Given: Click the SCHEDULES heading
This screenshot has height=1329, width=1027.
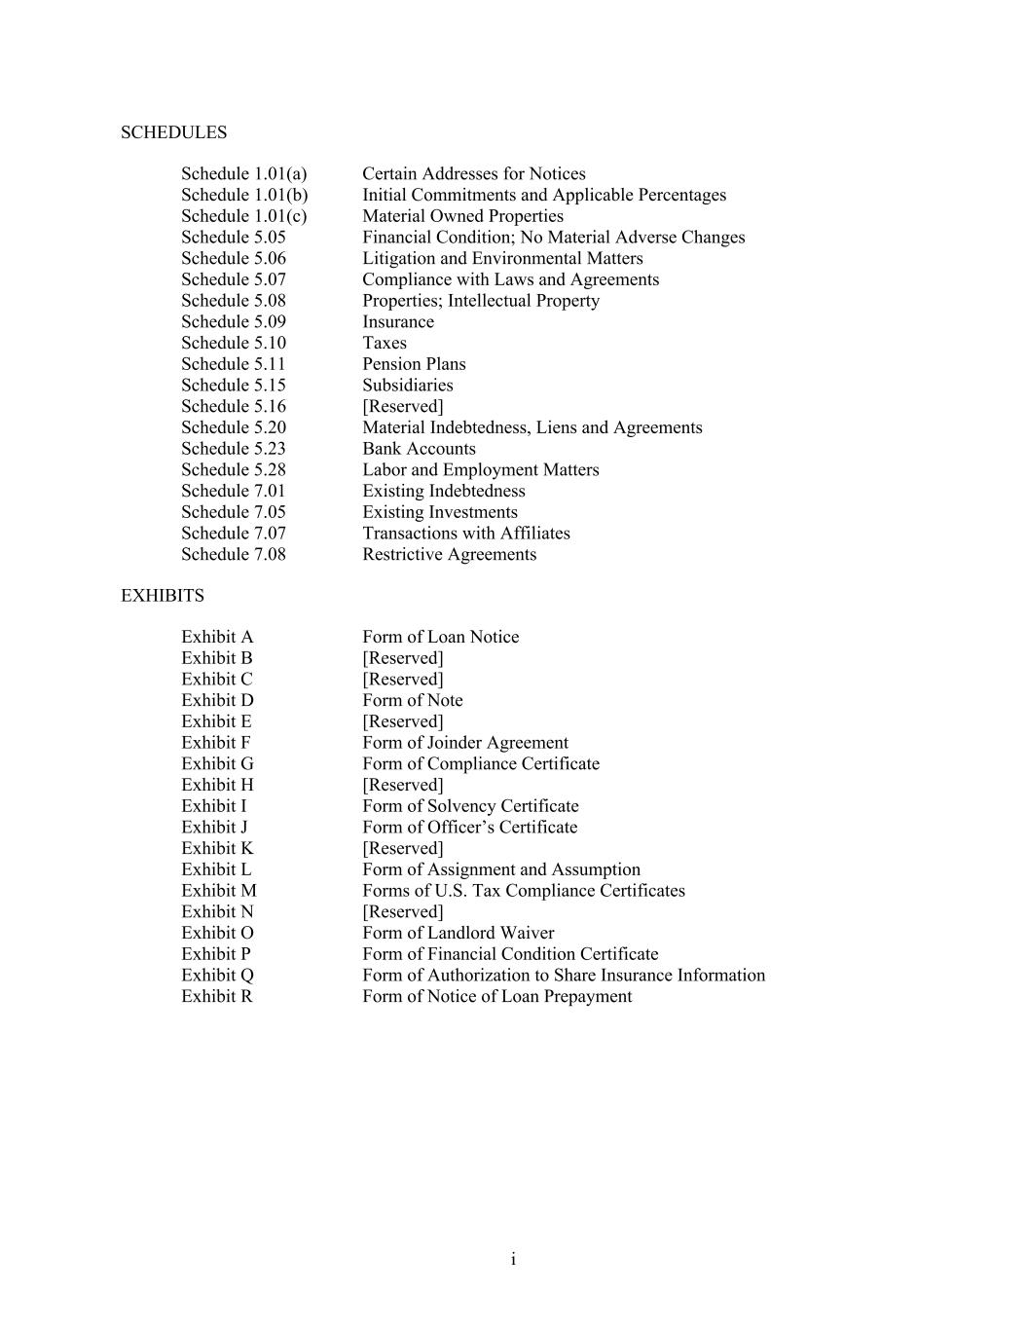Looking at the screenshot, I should (x=173, y=132).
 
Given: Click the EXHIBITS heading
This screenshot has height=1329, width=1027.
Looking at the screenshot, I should (x=162, y=596).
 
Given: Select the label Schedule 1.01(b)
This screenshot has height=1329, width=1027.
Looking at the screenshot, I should (x=244, y=195).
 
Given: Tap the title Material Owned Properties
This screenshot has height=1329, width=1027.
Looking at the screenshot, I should (x=462, y=216).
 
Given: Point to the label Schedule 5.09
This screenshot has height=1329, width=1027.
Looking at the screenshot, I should (x=234, y=321).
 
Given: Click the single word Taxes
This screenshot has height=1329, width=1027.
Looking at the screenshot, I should (x=385, y=343).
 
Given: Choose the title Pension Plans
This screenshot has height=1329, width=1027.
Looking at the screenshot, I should (x=414, y=364).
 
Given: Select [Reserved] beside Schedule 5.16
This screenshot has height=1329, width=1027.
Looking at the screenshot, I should (x=402, y=406).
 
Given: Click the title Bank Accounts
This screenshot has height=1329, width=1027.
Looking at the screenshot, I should (x=419, y=449).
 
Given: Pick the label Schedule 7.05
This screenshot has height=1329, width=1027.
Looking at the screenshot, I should (x=234, y=512).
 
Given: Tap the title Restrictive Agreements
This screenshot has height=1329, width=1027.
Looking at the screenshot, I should (x=449, y=554).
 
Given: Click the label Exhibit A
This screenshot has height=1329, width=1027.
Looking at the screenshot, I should (x=217, y=637).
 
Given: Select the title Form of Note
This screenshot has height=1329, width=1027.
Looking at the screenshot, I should (x=413, y=700).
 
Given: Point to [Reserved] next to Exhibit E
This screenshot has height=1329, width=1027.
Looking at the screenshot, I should (x=402, y=721).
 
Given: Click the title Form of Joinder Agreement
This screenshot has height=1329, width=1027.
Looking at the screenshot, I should (x=465, y=743).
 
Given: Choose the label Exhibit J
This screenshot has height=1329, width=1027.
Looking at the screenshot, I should (x=214, y=828).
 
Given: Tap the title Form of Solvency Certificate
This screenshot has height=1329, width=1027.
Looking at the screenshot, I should (x=470, y=806).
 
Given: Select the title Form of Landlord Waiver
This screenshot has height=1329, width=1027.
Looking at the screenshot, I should (x=458, y=933).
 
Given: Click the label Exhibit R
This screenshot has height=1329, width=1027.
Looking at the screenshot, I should (x=216, y=996).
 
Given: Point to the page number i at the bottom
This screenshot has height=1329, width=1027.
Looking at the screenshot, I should (x=513, y=1260).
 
